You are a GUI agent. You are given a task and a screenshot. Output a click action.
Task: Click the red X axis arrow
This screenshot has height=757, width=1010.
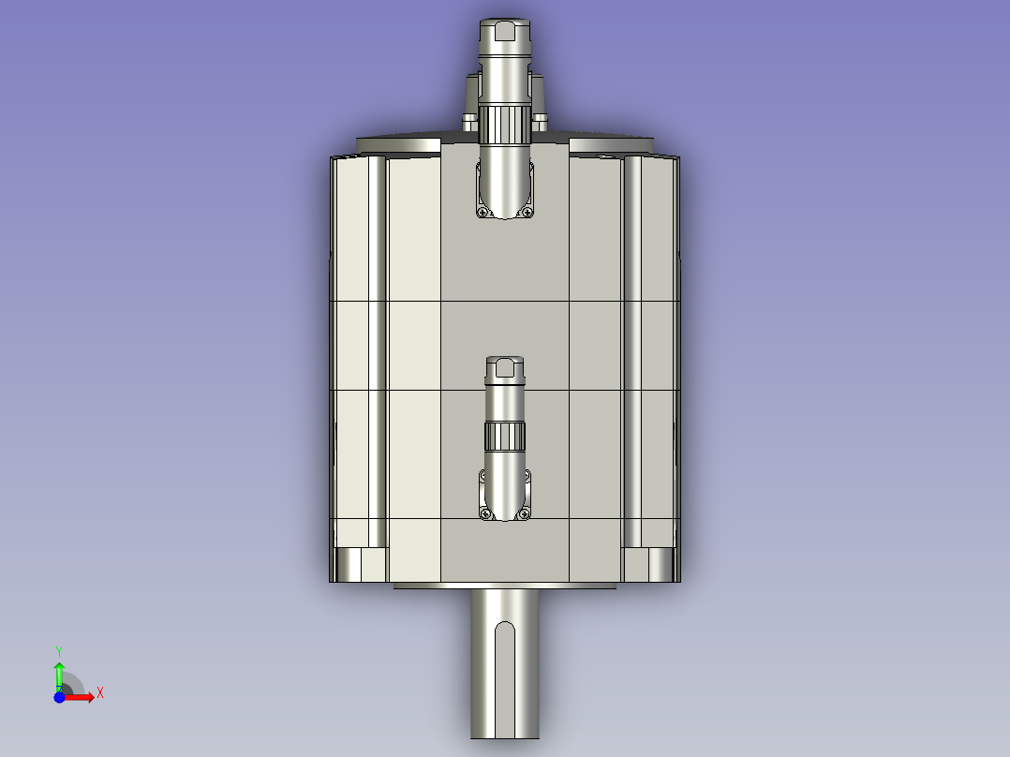click(x=81, y=696)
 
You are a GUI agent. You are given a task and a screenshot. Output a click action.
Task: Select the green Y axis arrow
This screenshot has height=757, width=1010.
click(x=59, y=674)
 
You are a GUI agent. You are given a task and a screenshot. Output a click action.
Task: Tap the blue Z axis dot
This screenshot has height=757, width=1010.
click(x=59, y=696)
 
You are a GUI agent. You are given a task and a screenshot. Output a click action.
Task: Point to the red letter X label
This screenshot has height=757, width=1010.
click(x=99, y=693)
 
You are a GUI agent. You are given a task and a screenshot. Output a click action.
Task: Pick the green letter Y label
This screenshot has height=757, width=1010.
click(x=59, y=649)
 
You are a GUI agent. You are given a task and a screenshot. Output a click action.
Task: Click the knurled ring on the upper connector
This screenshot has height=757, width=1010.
click(x=505, y=126)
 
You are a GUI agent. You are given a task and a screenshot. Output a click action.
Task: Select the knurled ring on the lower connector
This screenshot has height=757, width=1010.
click(x=505, y=436)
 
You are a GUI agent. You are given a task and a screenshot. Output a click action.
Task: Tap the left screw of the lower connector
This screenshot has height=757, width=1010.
click(x=484, y=512)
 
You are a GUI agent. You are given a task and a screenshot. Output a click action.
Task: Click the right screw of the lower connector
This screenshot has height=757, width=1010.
click(x=526, y=512)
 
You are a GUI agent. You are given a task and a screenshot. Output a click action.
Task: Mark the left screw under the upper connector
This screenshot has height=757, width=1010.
click(x=483, y=213)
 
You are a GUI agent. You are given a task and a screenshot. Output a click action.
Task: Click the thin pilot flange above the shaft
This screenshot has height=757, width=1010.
click(x=505, y=586)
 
